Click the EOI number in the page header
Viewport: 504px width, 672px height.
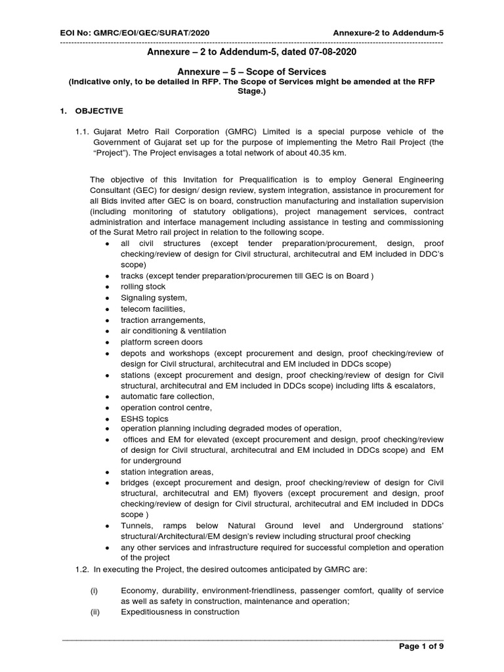135,33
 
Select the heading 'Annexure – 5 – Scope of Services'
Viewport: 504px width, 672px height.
252,71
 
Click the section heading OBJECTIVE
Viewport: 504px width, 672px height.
98,111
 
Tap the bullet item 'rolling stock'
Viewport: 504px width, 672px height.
143,287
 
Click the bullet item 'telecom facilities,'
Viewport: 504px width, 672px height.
153,308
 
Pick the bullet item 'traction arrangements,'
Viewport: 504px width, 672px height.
158,320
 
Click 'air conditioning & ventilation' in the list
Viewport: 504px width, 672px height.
173,331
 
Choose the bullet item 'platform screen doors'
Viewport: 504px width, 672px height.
161,342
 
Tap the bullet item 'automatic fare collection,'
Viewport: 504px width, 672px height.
167,396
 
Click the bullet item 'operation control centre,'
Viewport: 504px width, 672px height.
167,408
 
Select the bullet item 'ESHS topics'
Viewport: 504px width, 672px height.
144,419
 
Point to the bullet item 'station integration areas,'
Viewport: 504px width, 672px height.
167,472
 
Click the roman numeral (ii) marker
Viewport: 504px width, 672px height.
94,612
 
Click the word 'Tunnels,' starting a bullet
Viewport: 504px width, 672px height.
136,526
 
